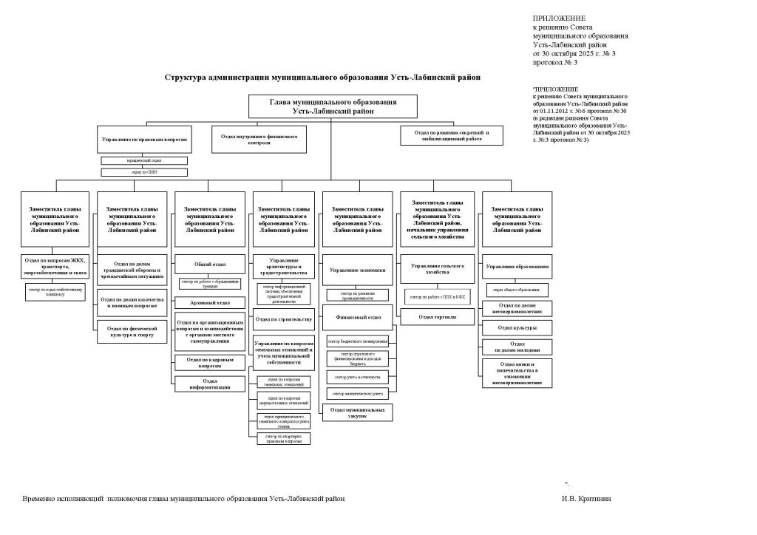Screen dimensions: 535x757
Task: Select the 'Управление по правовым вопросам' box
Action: pyautogui.click(x=144, y=139)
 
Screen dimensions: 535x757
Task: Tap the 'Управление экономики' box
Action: pyautogui.click(x=358, y=270)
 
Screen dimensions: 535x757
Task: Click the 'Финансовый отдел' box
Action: pyautogui.click(x=358, y=316)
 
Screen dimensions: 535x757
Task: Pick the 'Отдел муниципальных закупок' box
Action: pyautogui.click(x=358, y=412)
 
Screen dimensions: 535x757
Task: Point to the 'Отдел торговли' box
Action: pyautogui.click(x=437, y=317)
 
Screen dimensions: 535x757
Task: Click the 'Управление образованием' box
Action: pyautogui.click(x=517, y=267)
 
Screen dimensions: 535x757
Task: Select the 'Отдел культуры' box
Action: pyautogui.click(x=517, y=327)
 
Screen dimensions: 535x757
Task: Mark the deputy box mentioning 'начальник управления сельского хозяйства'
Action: pyautogui.click(x=437, y=219)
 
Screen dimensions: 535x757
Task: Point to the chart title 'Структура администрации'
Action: pyautogui.click(x=322, y=76)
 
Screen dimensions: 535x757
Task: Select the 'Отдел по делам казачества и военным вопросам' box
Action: pyautogui.click(x=130, y=302)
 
